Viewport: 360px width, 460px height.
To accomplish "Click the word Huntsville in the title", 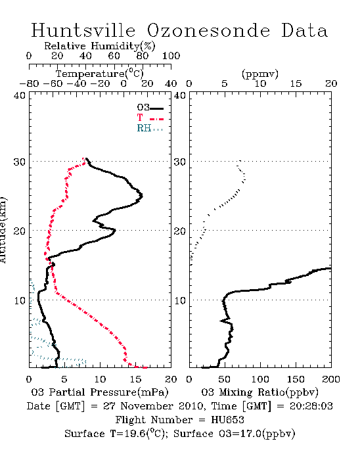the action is tap(83, 30).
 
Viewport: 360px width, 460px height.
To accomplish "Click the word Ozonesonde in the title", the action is tap(208, 30).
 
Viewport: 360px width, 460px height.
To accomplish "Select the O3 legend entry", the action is tap(150, 108).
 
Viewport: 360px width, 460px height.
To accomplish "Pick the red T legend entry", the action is tap(150, 118).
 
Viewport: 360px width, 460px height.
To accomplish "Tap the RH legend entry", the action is tap(150, 129).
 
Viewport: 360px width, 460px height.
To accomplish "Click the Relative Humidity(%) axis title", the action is tap(100, 46).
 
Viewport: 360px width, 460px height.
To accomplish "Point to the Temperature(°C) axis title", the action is tap(100, 74).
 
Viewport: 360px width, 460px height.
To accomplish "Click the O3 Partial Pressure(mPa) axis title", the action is tap(100, 392).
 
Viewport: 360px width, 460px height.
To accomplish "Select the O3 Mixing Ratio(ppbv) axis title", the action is tap(259, 392).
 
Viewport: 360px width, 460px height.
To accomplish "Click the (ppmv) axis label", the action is tap(260, 74).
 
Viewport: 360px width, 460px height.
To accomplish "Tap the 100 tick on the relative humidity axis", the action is tap(171, 56).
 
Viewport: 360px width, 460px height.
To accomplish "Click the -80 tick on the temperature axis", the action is tap(29, 83).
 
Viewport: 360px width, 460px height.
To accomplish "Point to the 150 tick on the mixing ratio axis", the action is tap(296, 379).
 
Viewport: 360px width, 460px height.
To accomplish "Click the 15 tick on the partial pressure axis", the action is tap(135, 379).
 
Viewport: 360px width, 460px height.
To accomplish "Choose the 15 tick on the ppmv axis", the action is tap(296, 83).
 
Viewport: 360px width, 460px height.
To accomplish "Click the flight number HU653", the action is tap(227, 420).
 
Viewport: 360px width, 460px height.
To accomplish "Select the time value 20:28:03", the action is tap(311, 406).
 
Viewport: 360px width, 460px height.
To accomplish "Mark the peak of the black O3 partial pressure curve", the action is tap(142, 196).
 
